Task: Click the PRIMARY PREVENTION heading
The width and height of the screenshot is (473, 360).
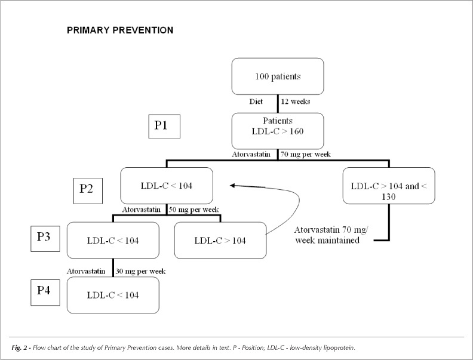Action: (120, 30)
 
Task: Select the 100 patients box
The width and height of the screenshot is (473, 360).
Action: (278, 76)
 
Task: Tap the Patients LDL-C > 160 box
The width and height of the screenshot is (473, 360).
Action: (278, 131)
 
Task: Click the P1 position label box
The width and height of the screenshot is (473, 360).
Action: (164, 127)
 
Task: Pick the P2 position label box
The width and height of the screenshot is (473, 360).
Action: (88, 191)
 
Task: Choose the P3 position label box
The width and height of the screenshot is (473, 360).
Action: (45, 238)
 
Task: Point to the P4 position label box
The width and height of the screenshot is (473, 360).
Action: (45, 293)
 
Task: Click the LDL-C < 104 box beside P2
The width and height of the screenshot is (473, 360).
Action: (167, 186)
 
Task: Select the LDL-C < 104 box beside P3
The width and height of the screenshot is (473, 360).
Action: (113, 241)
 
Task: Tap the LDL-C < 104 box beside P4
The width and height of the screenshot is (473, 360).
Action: (113, 295)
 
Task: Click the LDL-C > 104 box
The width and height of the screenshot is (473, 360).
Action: (220, 241)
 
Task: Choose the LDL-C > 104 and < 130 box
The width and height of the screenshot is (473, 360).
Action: (389, 186)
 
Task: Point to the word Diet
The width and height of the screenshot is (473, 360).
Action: (256, 101)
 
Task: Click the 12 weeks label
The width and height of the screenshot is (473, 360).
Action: (295, 101)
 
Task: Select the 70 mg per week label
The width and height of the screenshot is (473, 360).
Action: (306, 155)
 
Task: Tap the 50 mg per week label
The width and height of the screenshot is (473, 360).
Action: (193, 210)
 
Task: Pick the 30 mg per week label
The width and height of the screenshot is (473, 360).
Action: (140, 272)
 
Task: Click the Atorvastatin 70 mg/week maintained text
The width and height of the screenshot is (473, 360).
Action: (330, 235)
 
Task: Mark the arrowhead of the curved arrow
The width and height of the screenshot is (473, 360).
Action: (232, 186)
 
